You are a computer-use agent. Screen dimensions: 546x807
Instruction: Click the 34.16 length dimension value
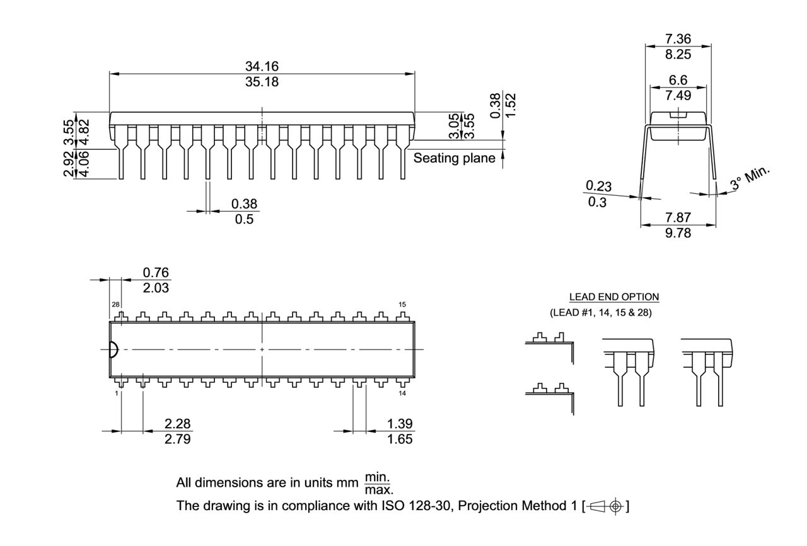pyautogui.click(x=262, y=66)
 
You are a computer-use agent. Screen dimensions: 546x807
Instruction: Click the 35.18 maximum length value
pyautogui.click(x=262, y=82)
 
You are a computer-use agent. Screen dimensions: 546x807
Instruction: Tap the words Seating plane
pyautogui.click(x=454, y=158)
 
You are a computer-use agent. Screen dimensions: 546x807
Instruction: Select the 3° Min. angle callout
pyautogui.click(x=751, y=179)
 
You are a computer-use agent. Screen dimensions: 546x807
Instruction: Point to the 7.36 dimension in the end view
pyautogui.click(x=678, y=39)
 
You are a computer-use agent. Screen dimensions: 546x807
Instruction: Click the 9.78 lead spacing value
pyautogui.click(x=678, y=233)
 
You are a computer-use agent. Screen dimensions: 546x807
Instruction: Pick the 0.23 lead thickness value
pyautogui.click(x=598, y=186)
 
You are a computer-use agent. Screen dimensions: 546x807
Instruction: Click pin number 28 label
pyautogui.click(x=116, y=305)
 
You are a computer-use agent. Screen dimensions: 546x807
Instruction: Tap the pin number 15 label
pyautogui.click(x=402, y=305)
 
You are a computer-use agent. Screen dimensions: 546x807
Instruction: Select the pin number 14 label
pyautogui.click(x=402, y=394)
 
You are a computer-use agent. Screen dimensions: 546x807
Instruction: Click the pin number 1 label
pyautogui.click(x=117, y=394)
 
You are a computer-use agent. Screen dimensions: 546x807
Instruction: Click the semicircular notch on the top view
pyautogui.click(x=113, y=350)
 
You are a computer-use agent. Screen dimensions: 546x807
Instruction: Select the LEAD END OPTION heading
pyautogui.click(x=613, y=297)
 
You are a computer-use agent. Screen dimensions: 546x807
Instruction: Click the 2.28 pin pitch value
pyautogui.click(x=178, y=423)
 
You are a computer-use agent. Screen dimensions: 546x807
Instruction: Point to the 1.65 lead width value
pyautogui.click(x=400, y=439)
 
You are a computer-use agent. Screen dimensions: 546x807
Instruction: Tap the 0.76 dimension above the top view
pyautogui.click(x=156, y=272)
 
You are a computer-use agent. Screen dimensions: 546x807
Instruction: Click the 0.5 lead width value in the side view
pyautogui.click(x=244, y=219)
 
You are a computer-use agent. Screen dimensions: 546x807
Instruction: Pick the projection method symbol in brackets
pyautogui.click(x=607, y=506)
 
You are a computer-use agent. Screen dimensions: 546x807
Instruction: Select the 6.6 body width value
pyautogui.click(x=678, y=81)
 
